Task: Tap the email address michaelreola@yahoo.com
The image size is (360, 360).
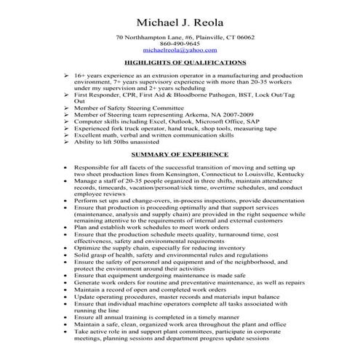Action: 180,50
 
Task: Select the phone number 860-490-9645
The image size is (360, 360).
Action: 180,44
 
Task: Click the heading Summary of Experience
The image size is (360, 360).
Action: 180,155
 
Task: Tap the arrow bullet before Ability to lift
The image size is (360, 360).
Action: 66,142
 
